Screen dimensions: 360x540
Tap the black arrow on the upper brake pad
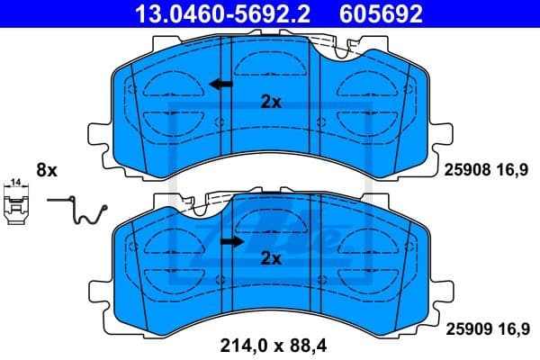pyautogui.click(x=219, y=85)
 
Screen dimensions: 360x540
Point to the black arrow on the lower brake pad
pyautogui.click(x=233, y=241)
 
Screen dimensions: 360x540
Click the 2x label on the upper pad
pyautogui.click(x=271, y=102)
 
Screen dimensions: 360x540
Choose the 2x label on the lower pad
pyautogui.click(x=271, y=259)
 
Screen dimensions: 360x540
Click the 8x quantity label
pyautogui.click(x=46, y=170)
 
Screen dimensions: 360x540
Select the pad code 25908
pyautogui.click(x=463, y=169)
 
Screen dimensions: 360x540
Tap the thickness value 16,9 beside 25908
pyautogui.click(x=511, y=169)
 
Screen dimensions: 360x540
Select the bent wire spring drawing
pyautogui.click(x=80, y=211)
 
